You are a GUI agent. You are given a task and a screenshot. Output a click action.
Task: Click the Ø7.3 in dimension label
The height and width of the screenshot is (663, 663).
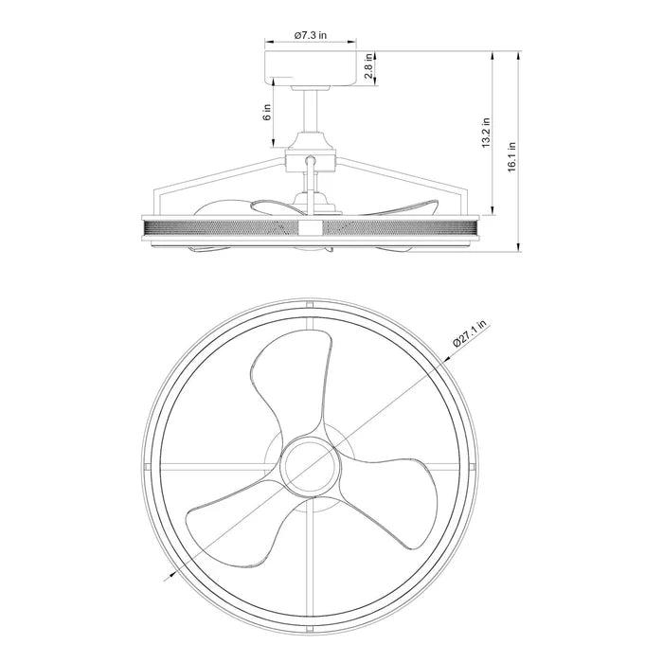tap(310, 35)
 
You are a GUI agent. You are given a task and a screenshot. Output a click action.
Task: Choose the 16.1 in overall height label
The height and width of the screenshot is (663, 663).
tap(511, 156)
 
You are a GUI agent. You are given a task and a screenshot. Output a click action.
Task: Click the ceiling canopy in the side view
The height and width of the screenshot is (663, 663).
tap(310, 68)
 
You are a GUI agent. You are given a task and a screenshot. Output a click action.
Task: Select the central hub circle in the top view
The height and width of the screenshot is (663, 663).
tap(310, 465)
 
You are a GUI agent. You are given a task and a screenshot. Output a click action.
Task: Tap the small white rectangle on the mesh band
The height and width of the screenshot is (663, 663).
tap(310, 228)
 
